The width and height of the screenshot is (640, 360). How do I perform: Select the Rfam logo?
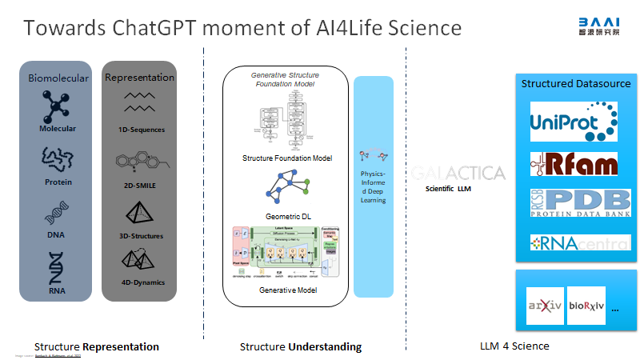click(x=574, y=162)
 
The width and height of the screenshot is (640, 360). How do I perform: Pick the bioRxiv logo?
click(x=586, y=306)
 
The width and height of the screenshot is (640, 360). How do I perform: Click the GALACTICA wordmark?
click(x=459, y=173)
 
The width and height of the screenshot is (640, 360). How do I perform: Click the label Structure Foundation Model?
click(x=287, y=158)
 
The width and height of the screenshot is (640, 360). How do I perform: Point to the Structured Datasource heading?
click(x=576, y=83)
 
